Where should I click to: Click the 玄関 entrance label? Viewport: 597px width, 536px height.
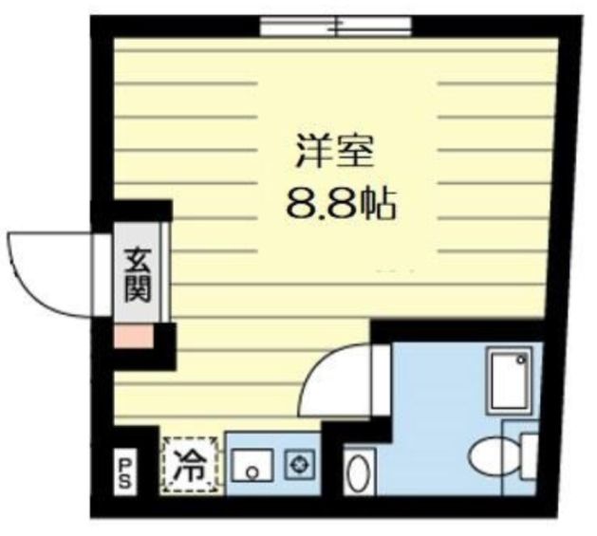pyautogui.click(x=137, y=272)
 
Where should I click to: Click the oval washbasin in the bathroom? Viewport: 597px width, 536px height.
pyautogui.click(x=357, y=472)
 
